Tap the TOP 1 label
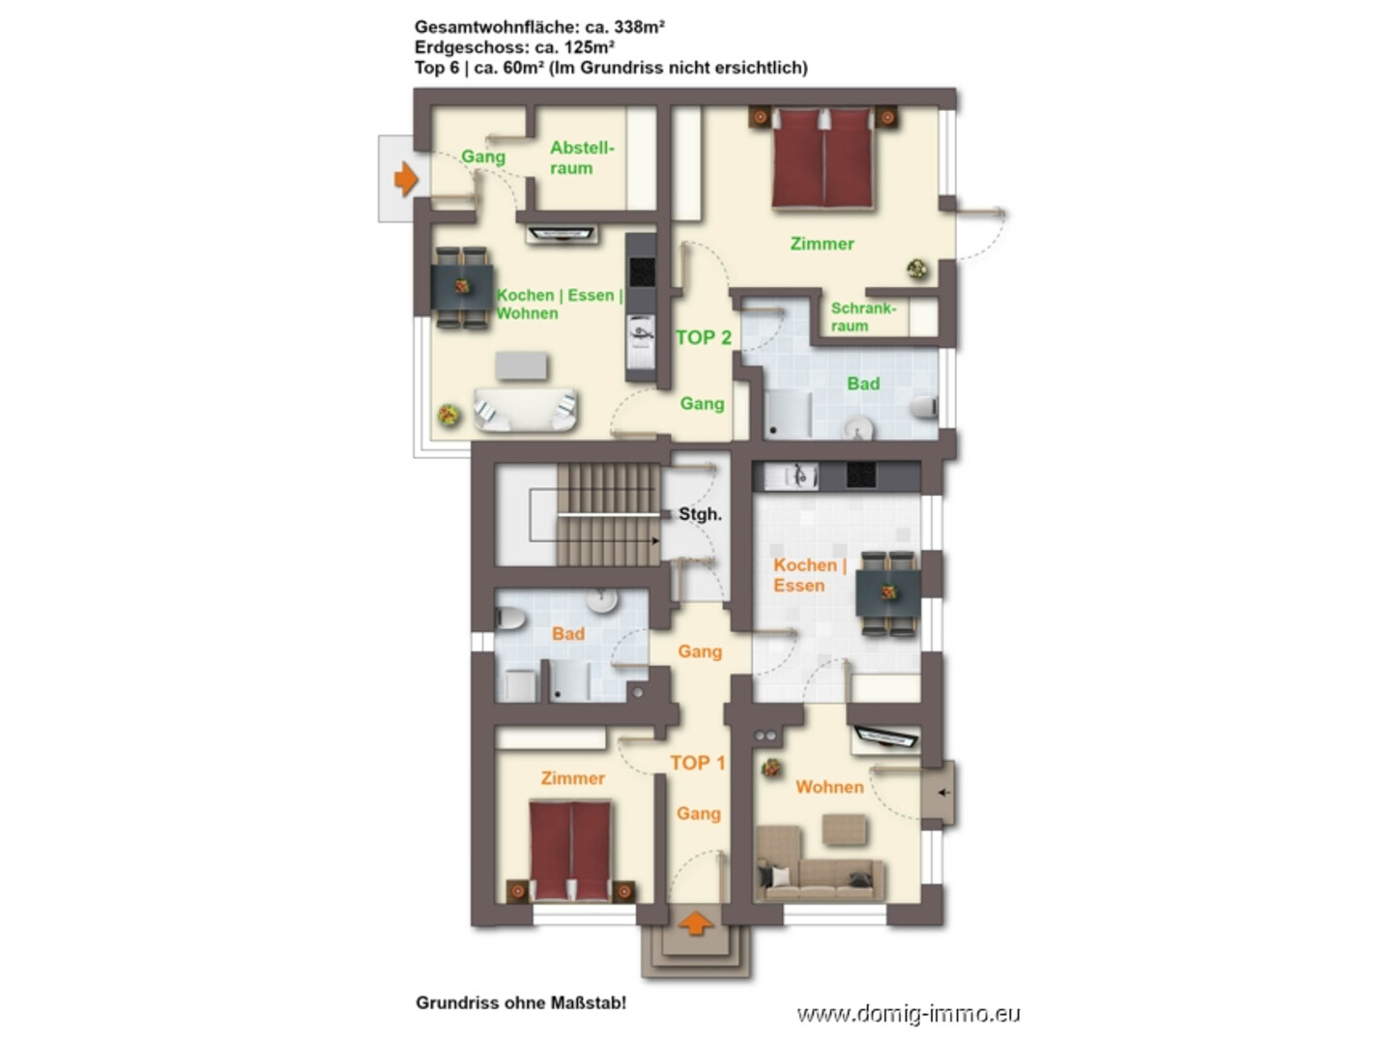click(x=697, y=763)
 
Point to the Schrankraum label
click(x=862, y=317)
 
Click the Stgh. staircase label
click(x=700, y=514)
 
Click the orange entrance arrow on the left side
click(x=405, y=178)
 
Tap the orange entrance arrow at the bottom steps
click(x=695, y=923)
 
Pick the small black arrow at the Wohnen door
click(x=943, y=792)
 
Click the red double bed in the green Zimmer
click(x=823, y=158)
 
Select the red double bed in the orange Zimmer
click(x=569, y=851)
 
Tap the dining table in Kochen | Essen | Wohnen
click(x=462, y=288)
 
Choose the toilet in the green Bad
click(x=924, y=406)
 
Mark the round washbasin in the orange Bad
click(x=601, y=600)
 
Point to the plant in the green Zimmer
click(x=917, y=270)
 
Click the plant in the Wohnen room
click(x=770, y=768)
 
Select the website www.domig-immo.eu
click(x=908, y=1014)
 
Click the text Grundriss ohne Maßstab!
click(x=520, y=1002)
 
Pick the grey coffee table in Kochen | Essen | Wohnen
click(x=521, y=366)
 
